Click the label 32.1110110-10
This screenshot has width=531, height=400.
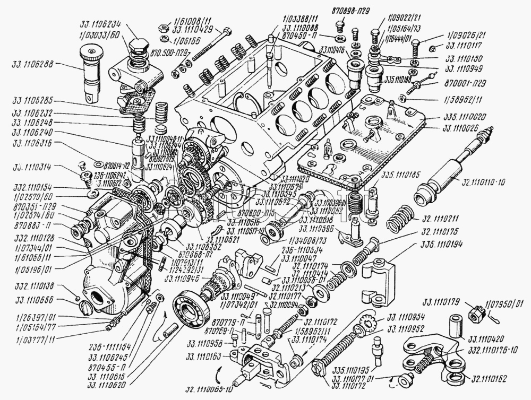483,182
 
